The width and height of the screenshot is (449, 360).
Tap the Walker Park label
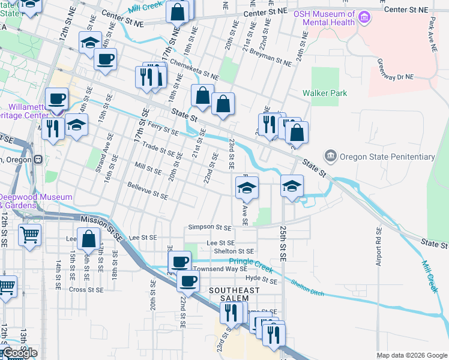325,94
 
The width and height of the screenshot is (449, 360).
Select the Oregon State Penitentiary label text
387,157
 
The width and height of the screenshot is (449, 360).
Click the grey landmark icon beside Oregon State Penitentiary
330,157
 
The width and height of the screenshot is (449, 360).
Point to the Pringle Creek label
250,261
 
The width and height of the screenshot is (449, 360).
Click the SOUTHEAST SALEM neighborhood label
234,290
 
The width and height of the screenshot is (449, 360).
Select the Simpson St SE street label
209,227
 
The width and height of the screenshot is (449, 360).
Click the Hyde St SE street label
261,280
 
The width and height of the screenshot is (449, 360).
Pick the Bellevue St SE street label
148,191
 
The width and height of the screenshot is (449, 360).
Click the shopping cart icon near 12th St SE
29,235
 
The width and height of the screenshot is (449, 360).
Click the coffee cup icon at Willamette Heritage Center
57,98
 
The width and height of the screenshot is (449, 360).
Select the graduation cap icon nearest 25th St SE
292,185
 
